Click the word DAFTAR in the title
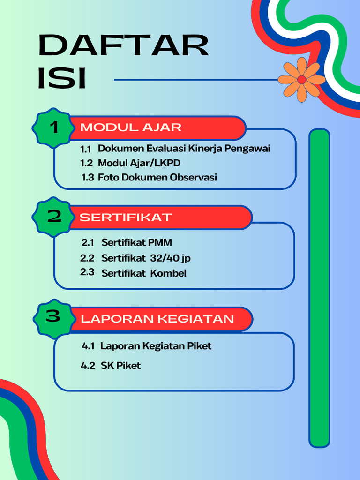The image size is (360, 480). pos(123,45)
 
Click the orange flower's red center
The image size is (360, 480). pos(301,80)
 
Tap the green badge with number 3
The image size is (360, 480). pos(53,317)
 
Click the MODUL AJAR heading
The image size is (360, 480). pos(131,127)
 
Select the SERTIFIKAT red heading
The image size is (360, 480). pos(126,217)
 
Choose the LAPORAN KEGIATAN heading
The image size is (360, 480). pos(157,319)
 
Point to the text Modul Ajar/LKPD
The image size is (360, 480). pos(139,163)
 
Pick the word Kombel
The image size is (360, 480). pos(168,273)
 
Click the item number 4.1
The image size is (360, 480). pos(88,346)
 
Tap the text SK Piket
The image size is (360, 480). pos(120,366)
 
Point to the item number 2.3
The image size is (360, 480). pos(87,272)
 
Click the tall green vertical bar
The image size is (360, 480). pos(319,288)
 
